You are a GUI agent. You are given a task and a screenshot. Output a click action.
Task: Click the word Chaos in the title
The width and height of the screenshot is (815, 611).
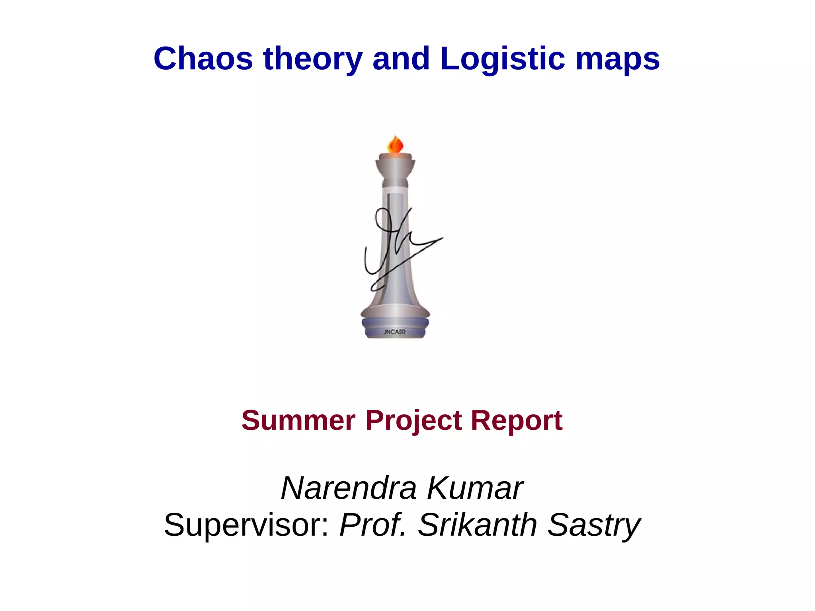click(203, 59)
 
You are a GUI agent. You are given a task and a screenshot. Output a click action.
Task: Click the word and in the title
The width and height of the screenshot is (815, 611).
click(401, 59)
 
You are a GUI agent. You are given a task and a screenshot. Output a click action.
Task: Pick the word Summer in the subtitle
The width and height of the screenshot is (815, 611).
click(298, 420)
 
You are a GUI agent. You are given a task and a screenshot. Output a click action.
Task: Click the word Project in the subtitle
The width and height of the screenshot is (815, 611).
click(413, 421)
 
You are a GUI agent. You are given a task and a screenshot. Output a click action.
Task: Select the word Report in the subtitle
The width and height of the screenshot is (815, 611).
click(517, 421)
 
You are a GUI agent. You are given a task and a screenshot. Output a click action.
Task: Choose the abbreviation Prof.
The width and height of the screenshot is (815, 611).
click(372, 525)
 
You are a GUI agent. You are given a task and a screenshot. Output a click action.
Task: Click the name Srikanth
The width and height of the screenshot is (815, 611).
click(478, 525)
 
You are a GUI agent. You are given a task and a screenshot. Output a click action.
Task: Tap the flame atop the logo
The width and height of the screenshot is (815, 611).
click(395, 144)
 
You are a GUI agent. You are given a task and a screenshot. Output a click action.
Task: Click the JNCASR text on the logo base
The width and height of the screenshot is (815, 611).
click(394, 332)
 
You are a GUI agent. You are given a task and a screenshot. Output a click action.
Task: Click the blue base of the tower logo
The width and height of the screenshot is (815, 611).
click(395, 324)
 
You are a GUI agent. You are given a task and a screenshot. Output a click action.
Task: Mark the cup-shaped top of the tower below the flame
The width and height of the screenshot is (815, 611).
click(395, 163)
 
